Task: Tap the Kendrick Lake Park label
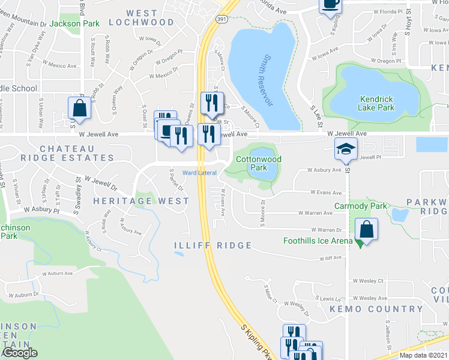376,103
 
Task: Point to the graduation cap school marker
346,149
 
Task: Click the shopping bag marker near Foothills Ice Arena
366,230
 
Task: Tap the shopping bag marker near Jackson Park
79,109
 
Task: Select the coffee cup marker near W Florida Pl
330,5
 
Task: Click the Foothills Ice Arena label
318,241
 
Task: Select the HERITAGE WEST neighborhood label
140,201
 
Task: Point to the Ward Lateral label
199,173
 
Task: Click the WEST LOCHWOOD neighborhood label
142,17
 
